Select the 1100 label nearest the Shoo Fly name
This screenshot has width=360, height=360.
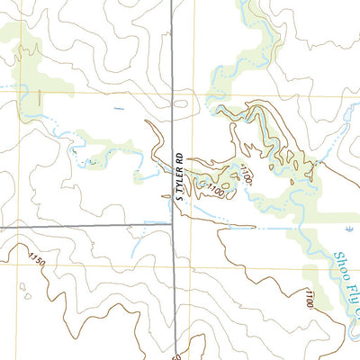point(309,297)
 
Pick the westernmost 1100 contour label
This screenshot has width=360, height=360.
point(215,190)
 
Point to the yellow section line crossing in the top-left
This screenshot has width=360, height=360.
point(17,91)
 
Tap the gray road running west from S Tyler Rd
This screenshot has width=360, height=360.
point(90,226)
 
